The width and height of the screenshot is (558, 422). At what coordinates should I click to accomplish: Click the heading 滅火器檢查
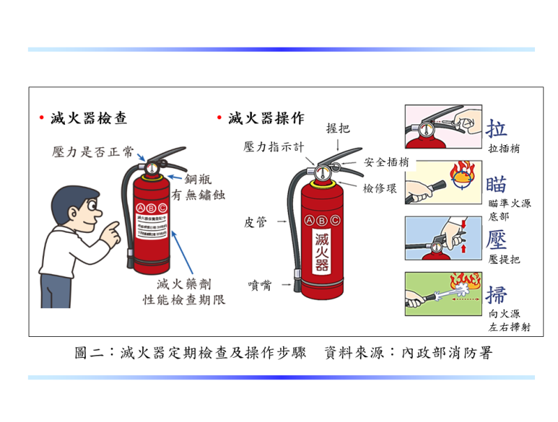coord(89,118)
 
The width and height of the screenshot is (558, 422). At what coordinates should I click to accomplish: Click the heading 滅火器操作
coord(266,118)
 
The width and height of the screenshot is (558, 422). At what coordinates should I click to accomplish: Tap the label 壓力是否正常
coord(93,152)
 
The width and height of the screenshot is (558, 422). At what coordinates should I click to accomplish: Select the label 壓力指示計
coord(274,146)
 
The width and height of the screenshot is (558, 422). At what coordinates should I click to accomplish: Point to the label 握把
coord(338,128)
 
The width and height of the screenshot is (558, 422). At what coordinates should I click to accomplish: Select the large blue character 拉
coord(497,128)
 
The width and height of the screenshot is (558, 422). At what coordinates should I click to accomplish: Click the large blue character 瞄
coord(497,184)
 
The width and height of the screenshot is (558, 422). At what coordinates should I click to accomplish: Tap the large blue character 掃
coord(497,294)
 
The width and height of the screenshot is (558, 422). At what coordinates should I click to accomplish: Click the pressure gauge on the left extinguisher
coord(153,168)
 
